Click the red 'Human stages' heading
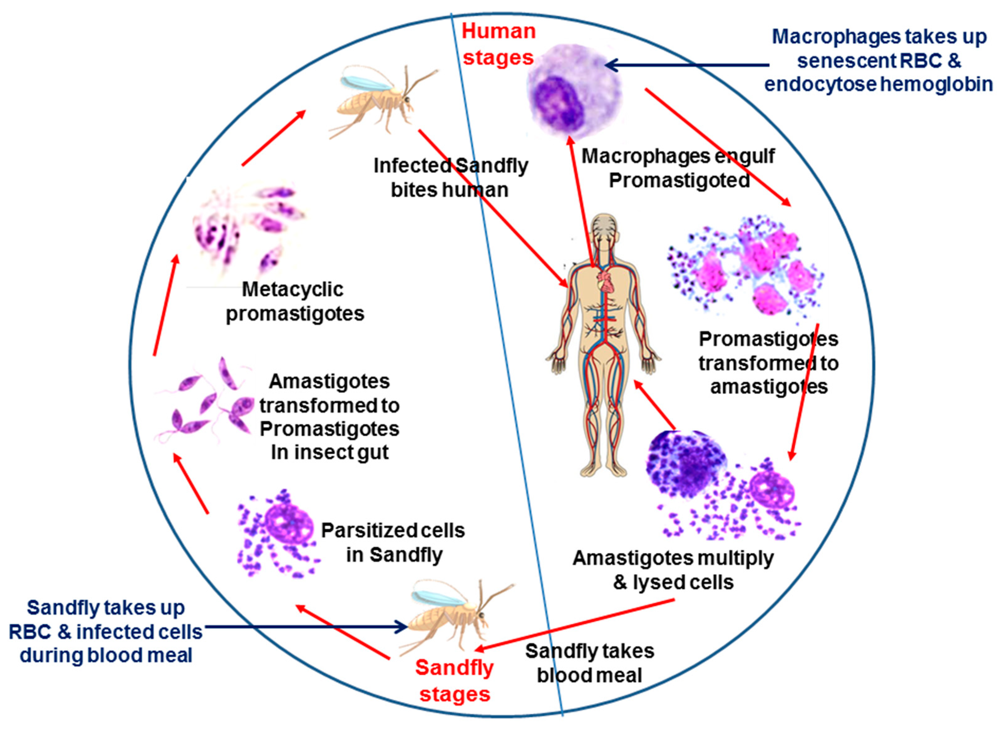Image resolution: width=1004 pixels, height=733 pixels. [x=498, y=44]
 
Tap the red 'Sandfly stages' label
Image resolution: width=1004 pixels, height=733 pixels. [x=454, y=681]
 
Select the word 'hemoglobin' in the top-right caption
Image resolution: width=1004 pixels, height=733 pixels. [x=937, y=84]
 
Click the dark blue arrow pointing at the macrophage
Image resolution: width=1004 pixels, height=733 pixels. [x=688, y=65]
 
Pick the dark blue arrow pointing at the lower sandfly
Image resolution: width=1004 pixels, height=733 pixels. [x=306, y=627]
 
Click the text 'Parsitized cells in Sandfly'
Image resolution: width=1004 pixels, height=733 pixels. [x=393, y=542]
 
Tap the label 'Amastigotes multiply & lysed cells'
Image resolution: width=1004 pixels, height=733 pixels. [x=673, y=570]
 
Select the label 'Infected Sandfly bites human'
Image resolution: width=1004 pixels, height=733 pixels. [x=451, y=178]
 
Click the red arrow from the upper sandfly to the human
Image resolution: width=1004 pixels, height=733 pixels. [x=493, y=209]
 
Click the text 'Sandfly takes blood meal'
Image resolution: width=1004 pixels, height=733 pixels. [x=589, y=663]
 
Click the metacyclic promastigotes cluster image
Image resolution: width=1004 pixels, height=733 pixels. [x=248, y=226]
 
